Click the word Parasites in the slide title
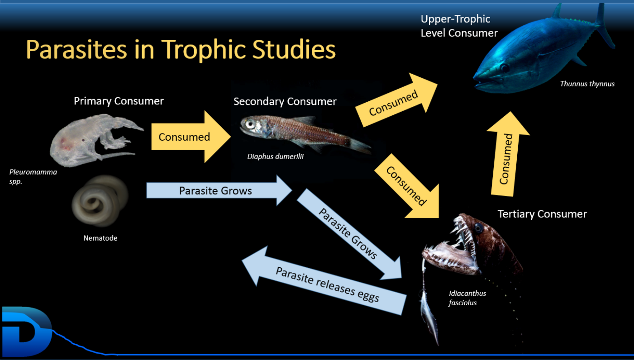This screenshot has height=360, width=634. tap(76, 49)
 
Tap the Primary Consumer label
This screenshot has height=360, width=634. tap(119, 101)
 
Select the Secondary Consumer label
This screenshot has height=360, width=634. tap(285, 101)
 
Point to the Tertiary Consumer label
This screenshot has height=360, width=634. tap(542, 214)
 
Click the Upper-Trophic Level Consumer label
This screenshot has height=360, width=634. tap(459, 26)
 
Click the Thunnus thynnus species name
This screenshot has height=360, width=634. tap(587, 84)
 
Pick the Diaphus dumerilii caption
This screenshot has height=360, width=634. tap(275, 156)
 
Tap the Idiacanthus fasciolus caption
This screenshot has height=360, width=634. tap(467, 298)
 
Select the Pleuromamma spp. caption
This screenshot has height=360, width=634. tap(33, 176)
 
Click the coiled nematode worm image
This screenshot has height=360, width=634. tap(100, 201)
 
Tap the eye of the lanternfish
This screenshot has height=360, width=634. tap(250, 123)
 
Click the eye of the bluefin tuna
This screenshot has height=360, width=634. tap(505, 68)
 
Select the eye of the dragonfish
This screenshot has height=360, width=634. tap(478, 227)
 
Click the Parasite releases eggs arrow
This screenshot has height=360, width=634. tap(324, 280)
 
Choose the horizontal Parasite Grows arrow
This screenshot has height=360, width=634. tap(219, 190)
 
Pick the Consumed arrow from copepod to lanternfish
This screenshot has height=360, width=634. tap(191, 137)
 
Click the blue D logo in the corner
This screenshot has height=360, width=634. tap(27, 332)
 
